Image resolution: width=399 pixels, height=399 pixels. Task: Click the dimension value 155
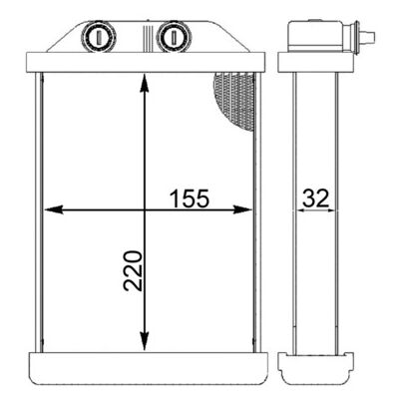(190, 199)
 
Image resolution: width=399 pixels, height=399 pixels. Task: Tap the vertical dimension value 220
(133, 271)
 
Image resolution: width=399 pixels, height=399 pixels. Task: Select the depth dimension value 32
(315, 199)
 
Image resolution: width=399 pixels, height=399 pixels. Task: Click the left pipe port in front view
(99, 36)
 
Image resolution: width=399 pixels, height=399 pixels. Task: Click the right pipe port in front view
(174, 36)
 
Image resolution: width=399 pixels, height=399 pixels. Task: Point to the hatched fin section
(235, 100)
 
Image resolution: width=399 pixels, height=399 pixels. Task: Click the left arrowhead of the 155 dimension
(54, 209)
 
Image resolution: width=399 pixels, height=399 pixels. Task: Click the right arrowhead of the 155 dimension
(242, 209)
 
